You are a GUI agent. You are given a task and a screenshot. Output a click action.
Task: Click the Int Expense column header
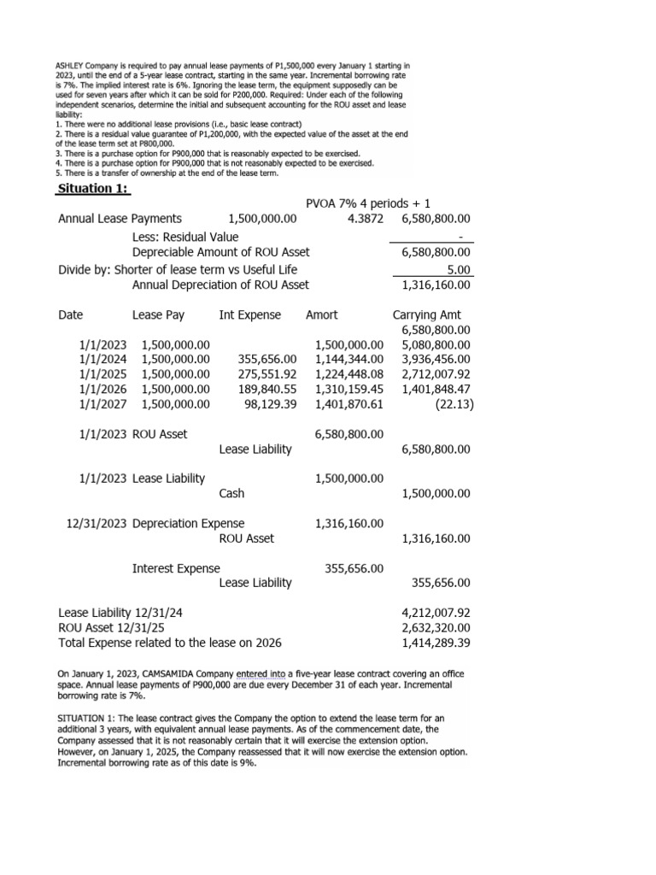pos(249,315)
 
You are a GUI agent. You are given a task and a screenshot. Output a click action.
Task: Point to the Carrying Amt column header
pos(431,315)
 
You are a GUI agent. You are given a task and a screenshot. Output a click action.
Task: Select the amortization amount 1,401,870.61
pos(349,405)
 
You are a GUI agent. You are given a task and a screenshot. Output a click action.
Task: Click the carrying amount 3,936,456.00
pos(436,360)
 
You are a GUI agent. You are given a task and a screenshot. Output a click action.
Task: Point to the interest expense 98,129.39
pos(270,405)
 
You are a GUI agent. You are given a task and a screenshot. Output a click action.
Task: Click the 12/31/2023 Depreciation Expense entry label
pos(155,523)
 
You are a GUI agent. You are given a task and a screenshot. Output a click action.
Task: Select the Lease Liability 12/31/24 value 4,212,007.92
pos(436,613)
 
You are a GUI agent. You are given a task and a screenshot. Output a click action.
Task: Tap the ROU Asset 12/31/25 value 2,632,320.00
pos(436,628)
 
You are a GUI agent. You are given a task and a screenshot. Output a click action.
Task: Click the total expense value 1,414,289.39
pos(436,643)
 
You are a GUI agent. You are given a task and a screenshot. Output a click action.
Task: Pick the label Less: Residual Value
pos(185,237)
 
